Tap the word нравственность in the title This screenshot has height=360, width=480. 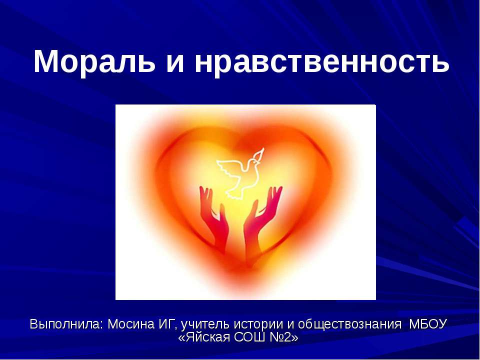click(x=321, y=62)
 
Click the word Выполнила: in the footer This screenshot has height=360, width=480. click(x=66, y=324)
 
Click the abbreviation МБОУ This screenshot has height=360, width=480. click(x=428, y=324)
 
